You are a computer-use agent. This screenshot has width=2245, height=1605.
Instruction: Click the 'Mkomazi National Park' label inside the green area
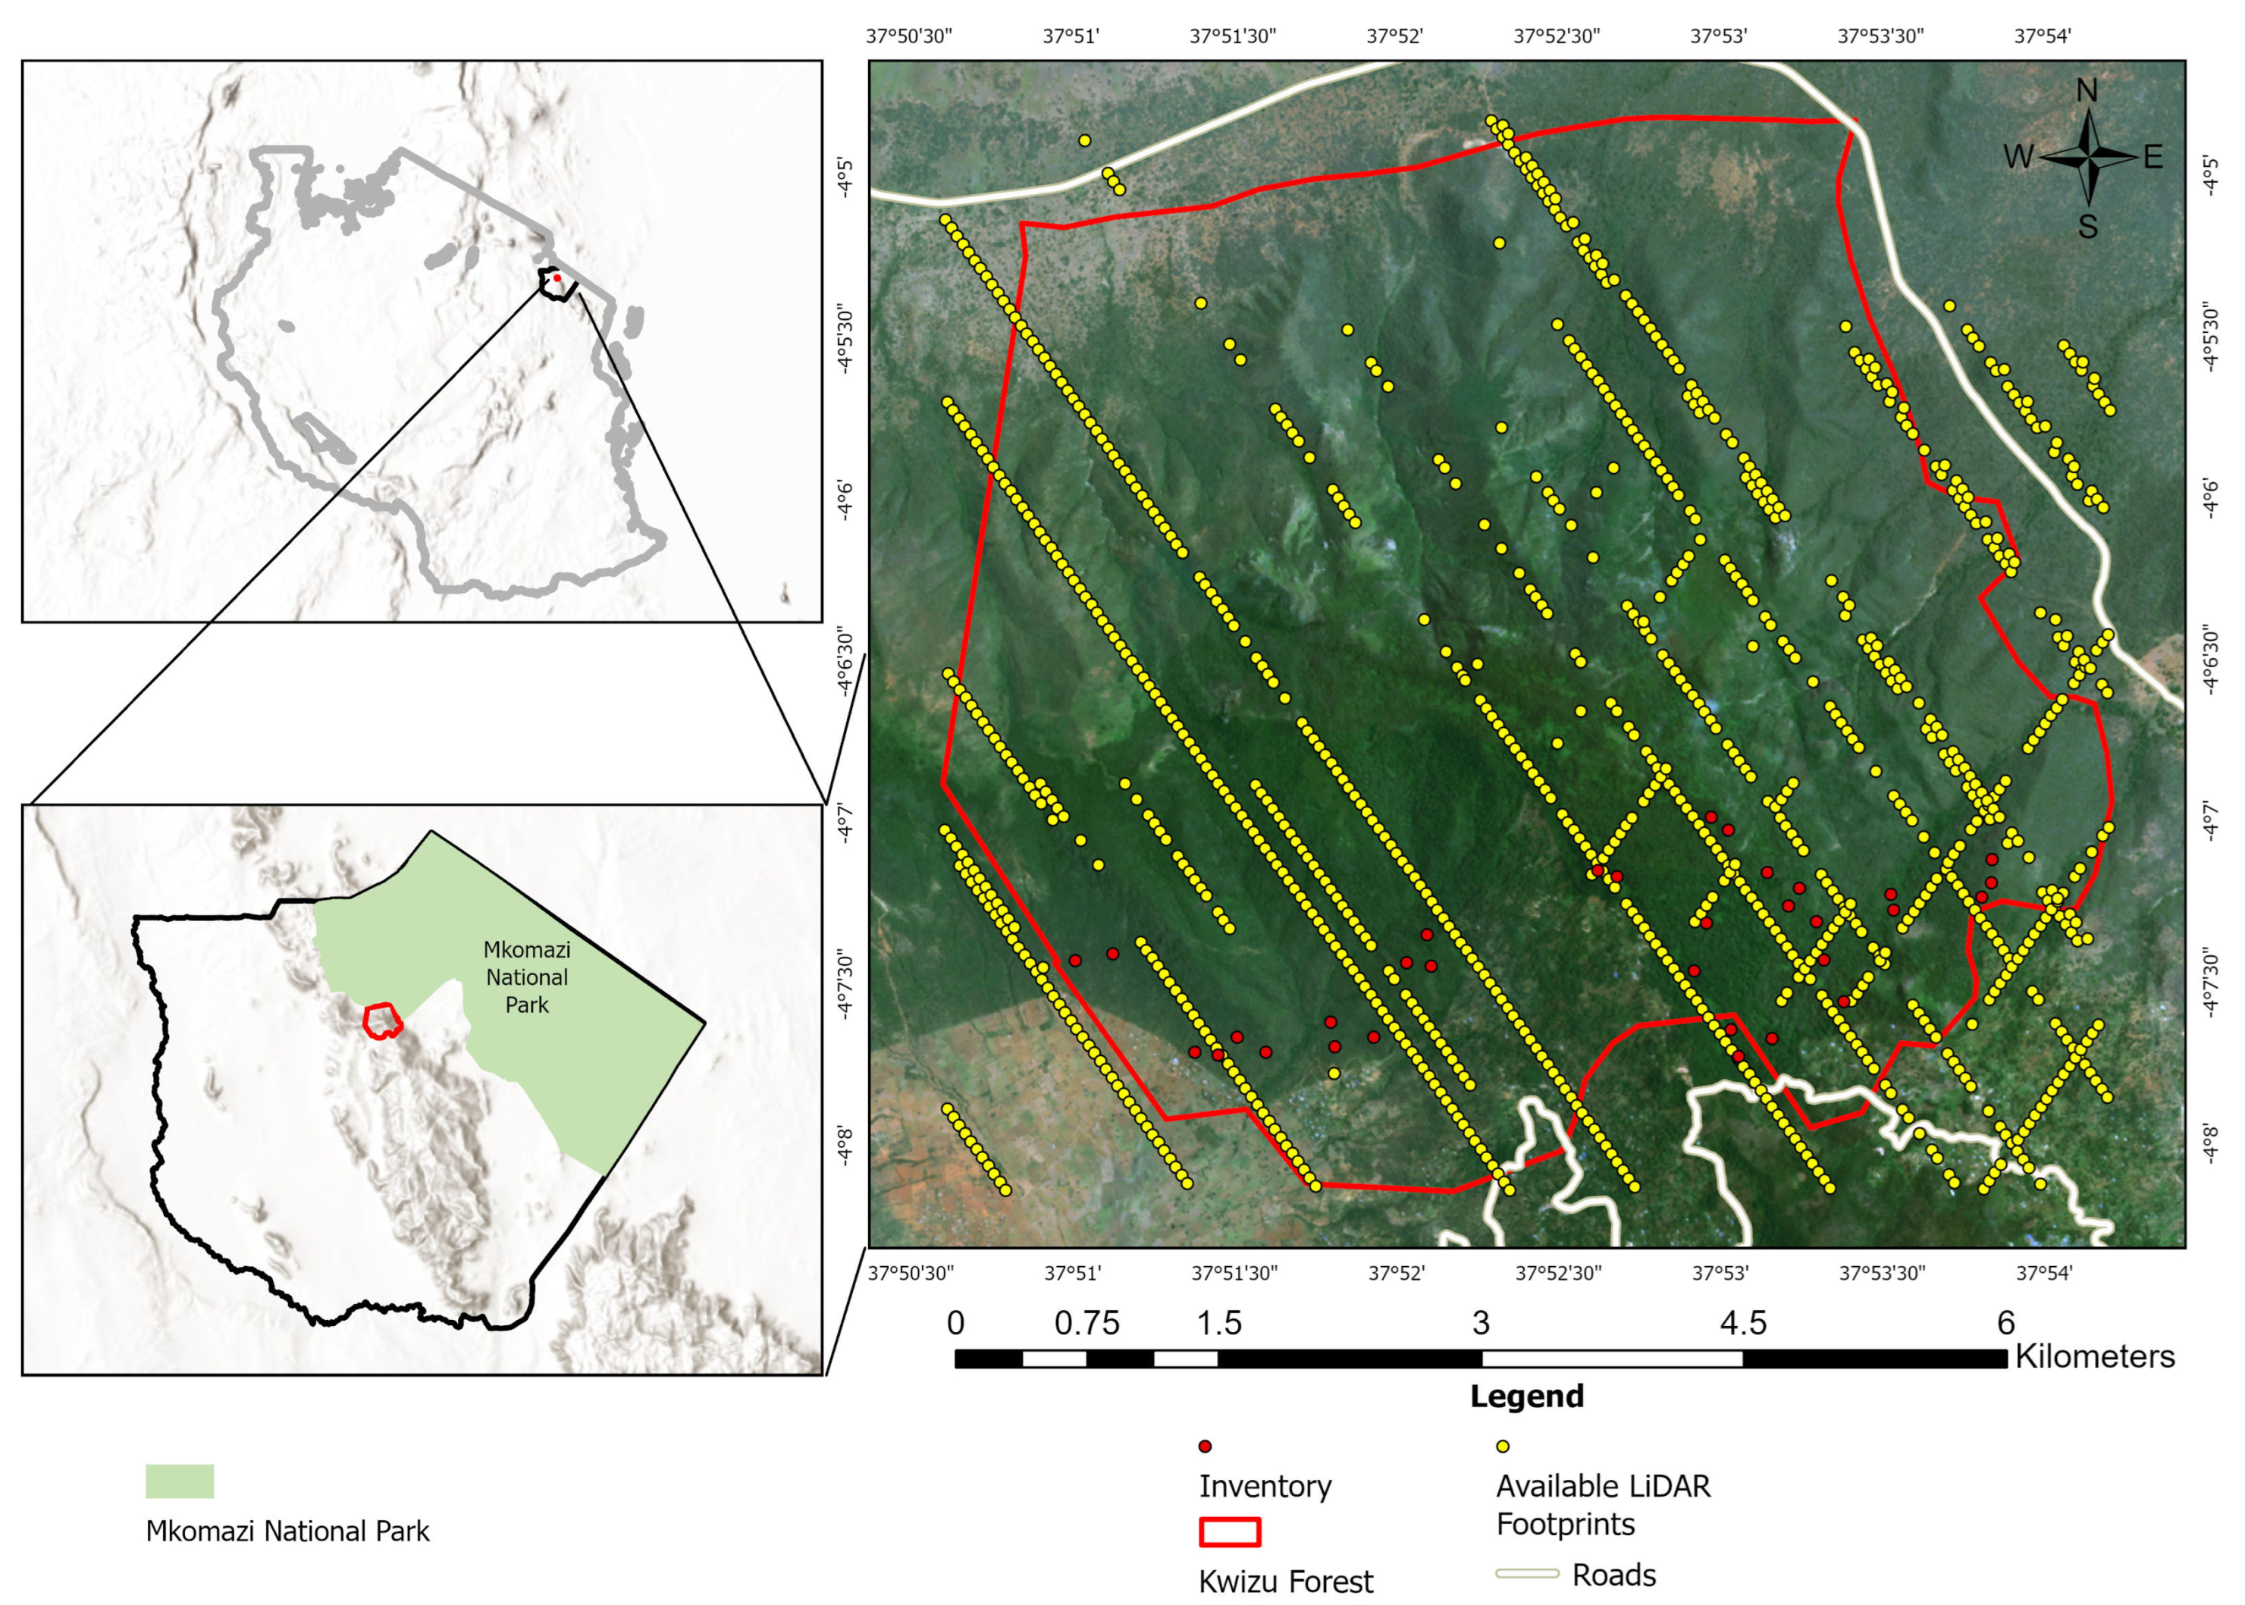tap(527, 976)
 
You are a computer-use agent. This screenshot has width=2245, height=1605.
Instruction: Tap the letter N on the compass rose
tap(2086, 91)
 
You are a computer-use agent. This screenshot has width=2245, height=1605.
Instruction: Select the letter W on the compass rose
tap(2018, 157)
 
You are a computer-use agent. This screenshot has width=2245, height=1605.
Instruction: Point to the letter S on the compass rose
tap(2087, 227)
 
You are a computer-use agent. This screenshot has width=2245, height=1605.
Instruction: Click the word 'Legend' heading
tap(1527, 1397)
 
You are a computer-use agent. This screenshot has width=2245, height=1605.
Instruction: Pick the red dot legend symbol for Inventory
tap(1205, 1446)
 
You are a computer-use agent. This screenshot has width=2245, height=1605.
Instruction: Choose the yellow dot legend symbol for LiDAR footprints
tap(1502, 1446)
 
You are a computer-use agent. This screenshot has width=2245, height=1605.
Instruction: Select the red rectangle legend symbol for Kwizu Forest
tap(1229, 1532)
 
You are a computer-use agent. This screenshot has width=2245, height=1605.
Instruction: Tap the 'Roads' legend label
tap(1613, 1575)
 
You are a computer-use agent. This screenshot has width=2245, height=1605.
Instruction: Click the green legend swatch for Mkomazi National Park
tap(180, 1481)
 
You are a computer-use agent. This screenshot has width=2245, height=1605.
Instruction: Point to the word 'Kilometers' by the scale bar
tap(2095, 1356)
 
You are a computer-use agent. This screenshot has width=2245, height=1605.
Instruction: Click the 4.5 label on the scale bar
tap(1743, 1323)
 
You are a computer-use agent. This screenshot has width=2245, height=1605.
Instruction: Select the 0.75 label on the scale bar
tap(1087, 1323)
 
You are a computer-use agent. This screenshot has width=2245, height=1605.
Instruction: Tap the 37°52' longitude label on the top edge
tap(1394, 36)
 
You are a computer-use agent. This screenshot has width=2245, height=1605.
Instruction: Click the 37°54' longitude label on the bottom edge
tap(2044, 1273)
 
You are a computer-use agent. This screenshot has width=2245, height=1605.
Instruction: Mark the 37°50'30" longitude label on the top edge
tap(909, 36)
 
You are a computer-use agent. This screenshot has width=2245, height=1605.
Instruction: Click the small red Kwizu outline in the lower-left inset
tap(381, 1020)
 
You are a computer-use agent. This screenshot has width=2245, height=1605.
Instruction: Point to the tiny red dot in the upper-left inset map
tap(557, 277)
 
